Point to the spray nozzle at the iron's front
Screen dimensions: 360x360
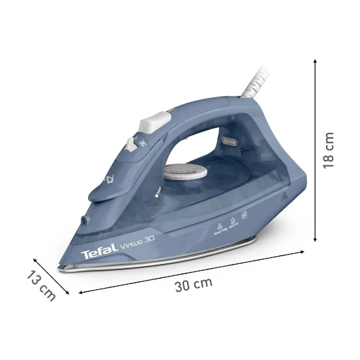pos(84,220)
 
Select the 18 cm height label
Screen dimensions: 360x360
pos(329,150)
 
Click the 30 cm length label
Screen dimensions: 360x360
pos(193,284)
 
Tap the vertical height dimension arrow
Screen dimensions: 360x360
pos(314,150)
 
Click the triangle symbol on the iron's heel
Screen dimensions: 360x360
pos(283,197)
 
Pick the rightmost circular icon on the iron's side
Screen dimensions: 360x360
pos(243,217)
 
